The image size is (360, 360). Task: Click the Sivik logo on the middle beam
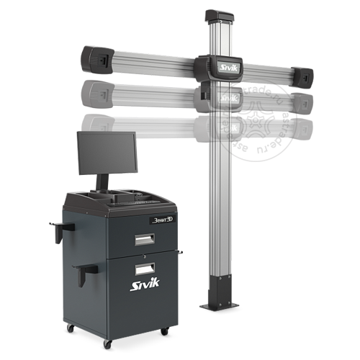(227, 96)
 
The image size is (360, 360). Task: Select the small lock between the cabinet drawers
(144, 255)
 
